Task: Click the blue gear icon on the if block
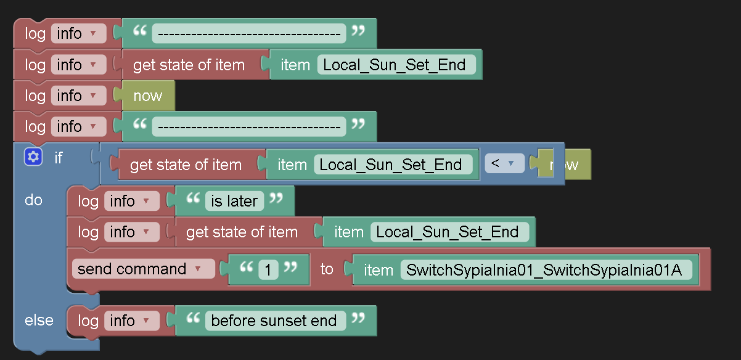(33, 157)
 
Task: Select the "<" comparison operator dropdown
(504, 163)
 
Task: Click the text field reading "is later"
(234, 201)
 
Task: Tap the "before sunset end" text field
(274, 321)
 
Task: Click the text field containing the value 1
(269, 269)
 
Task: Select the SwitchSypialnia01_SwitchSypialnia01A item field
(546, 269)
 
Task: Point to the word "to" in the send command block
(327, 269)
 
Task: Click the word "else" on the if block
(39, 321)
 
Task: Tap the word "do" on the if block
(33, 200)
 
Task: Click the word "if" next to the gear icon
(59, 158)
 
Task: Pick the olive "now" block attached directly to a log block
(148, 96)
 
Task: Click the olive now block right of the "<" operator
(570, 165)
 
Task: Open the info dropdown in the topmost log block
(78, 33)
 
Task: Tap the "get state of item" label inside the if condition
(186, 165)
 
